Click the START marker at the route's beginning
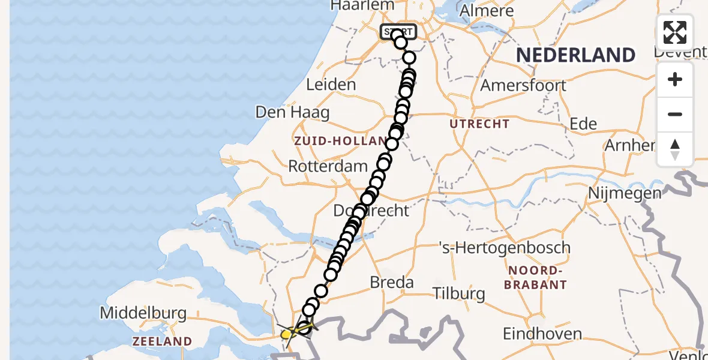coord(398,31)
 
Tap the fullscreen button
coord(675,32)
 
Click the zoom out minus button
coord(675,114)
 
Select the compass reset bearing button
coord(675,149)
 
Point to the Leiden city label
coord(331,85)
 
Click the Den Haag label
coord(292,112)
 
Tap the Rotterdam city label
coord(328,166)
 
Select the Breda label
coord(392,282)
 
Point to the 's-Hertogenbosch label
coord(505,247)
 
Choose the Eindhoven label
coord(542,334)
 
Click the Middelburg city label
coord(143,313)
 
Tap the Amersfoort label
coord(523,85)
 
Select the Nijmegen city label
coord(625,193)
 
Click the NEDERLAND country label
coord(575,55)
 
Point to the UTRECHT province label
coord(480,124)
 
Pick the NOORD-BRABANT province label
coord(535,277)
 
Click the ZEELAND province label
coord(162,341)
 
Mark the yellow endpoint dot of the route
coord(287,334)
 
